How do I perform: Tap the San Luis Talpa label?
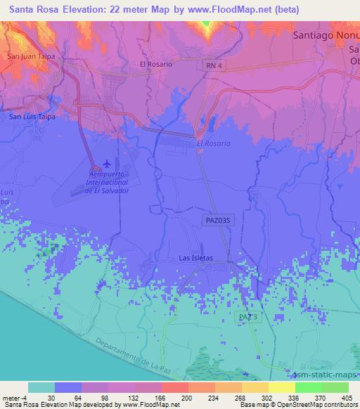pos(31,117)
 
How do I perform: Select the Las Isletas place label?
pos(195,258)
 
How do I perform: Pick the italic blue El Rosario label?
pos(213,143)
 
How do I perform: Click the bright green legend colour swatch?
pos(309,387)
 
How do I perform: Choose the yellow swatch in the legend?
pos(281,387)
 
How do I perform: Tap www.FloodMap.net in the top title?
pos(236,9)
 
